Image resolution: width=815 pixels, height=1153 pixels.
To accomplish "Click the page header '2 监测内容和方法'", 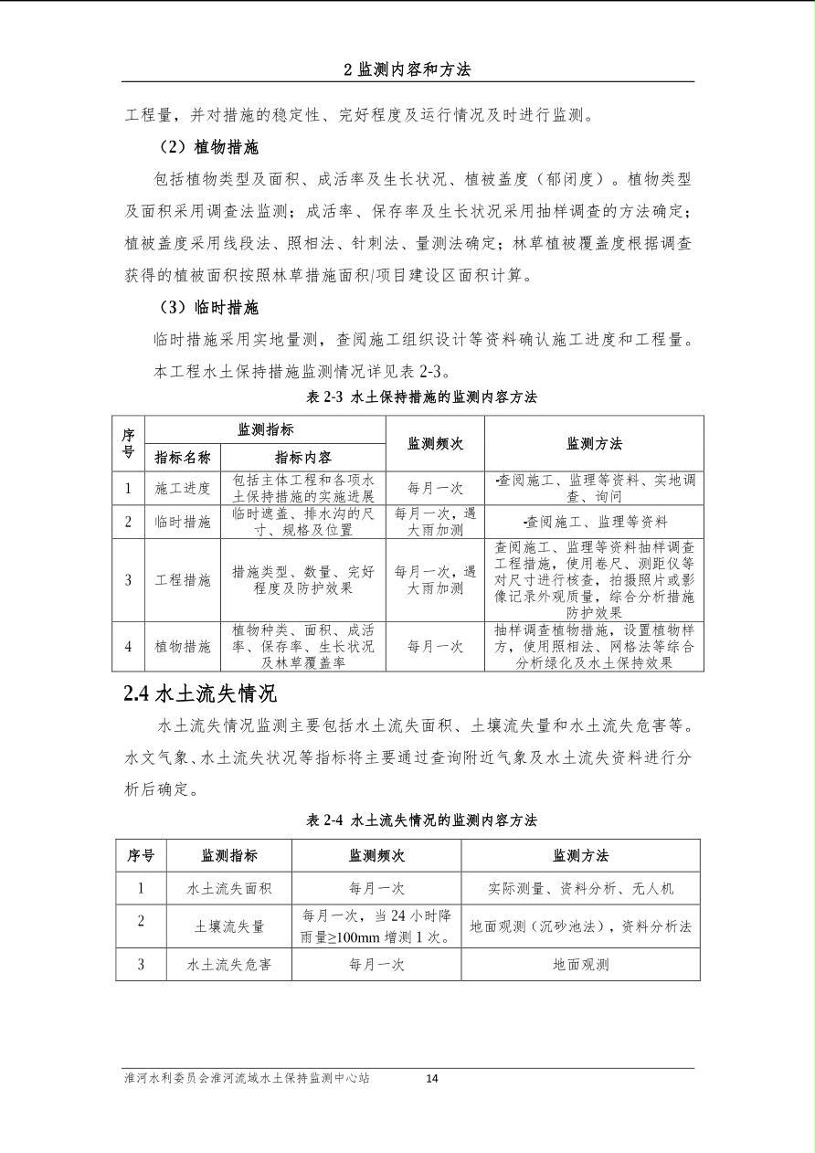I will [407, 69].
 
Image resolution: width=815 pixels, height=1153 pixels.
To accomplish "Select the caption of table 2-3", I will [421, 397].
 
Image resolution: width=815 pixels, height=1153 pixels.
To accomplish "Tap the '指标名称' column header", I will [183, 457].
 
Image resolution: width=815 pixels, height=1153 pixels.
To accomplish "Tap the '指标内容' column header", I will [303, 457].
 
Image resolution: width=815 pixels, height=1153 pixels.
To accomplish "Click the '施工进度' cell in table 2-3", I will [183, 488].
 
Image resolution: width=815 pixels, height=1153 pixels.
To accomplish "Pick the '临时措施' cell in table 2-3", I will [183, 522].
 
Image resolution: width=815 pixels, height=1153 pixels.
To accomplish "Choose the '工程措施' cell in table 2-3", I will [183, 580].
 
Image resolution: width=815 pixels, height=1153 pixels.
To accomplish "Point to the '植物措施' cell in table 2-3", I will [183, 647].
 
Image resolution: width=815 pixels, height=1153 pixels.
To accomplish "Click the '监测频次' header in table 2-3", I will [435, 443].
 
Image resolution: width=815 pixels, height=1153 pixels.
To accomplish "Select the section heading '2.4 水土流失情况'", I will [200, 693].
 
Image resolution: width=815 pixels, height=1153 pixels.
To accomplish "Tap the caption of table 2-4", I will [421, 820].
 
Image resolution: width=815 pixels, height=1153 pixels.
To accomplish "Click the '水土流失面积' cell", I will [228, 888].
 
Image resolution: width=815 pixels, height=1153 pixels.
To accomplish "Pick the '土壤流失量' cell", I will [228, 926].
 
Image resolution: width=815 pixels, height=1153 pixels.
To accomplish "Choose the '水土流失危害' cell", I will [228, 964].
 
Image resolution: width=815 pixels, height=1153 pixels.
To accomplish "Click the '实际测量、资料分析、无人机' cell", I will [580, 888].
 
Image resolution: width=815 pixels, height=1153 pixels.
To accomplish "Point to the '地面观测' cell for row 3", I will [580, 964].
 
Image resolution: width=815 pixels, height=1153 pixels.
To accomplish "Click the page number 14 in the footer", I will [432, 1078].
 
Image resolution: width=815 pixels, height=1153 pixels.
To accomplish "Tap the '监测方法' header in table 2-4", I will [580, 855].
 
